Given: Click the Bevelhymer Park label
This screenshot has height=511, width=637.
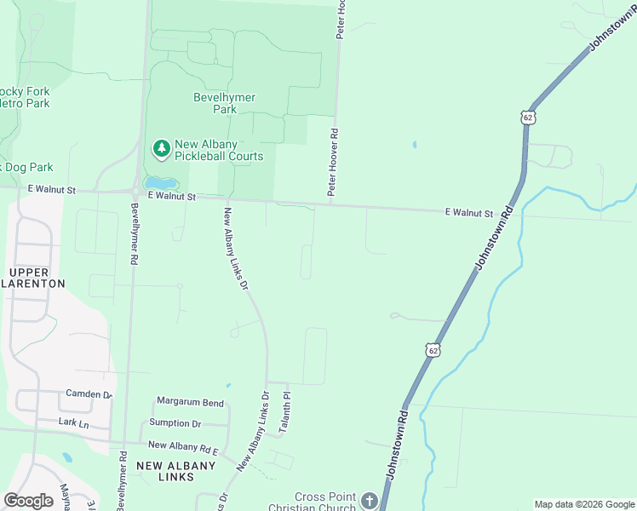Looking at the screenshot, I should click(x=224, y=103).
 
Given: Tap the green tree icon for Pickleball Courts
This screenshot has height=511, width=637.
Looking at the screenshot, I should click(x=161, y=149).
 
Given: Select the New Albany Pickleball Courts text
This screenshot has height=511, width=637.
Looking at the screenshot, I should click(x=219, y=150).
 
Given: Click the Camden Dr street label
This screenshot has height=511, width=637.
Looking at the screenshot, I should click(x=89, y=394).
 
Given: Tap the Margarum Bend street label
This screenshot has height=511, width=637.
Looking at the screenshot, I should click(x=189, y=402).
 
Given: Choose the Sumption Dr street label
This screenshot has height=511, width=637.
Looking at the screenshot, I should click(x=175, y=423).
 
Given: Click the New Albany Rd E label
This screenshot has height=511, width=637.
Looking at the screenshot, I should click(x=183, y=445).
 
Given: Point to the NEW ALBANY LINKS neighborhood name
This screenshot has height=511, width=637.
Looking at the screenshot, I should click(x=177, y=470).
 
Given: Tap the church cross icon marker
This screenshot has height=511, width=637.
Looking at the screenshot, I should click(x=369, y=501).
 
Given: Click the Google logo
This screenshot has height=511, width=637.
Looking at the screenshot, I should click(x=28, y=501).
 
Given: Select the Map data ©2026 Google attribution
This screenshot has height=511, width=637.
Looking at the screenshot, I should click(x=583, y=504).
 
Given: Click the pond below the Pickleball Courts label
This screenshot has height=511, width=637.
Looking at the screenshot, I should click(x=161, y=183).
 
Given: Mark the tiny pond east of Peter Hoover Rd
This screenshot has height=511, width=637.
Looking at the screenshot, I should click(x=415, y=145).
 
